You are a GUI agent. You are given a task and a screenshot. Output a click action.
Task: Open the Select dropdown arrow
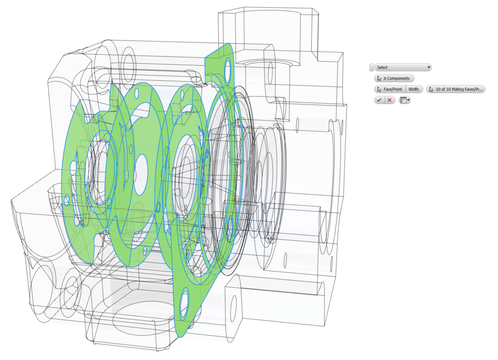[428, 68]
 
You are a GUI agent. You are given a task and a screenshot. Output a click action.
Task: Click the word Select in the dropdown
[382, 68]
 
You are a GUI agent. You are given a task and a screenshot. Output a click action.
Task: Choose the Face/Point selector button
[390, 89]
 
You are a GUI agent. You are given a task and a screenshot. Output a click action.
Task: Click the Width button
[413, 89]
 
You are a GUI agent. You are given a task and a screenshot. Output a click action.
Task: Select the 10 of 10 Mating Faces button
[456, 89]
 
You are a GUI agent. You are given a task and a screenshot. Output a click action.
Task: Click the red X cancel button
[390, 100]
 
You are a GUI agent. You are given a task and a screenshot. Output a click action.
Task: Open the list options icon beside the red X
[403, 100]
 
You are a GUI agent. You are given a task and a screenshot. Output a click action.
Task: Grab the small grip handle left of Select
[372, 68]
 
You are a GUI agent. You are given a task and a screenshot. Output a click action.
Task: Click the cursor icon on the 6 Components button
[379, 78]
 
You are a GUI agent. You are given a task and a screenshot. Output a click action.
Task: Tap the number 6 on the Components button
[385, 78]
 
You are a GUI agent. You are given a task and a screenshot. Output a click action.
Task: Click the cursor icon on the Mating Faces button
[431, 89]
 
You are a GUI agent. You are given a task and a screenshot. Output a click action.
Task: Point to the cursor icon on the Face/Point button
[379, 89]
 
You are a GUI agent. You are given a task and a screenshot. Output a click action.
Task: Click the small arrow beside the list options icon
[409, 100]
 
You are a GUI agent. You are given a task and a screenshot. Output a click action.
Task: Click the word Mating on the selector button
[460, 89]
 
